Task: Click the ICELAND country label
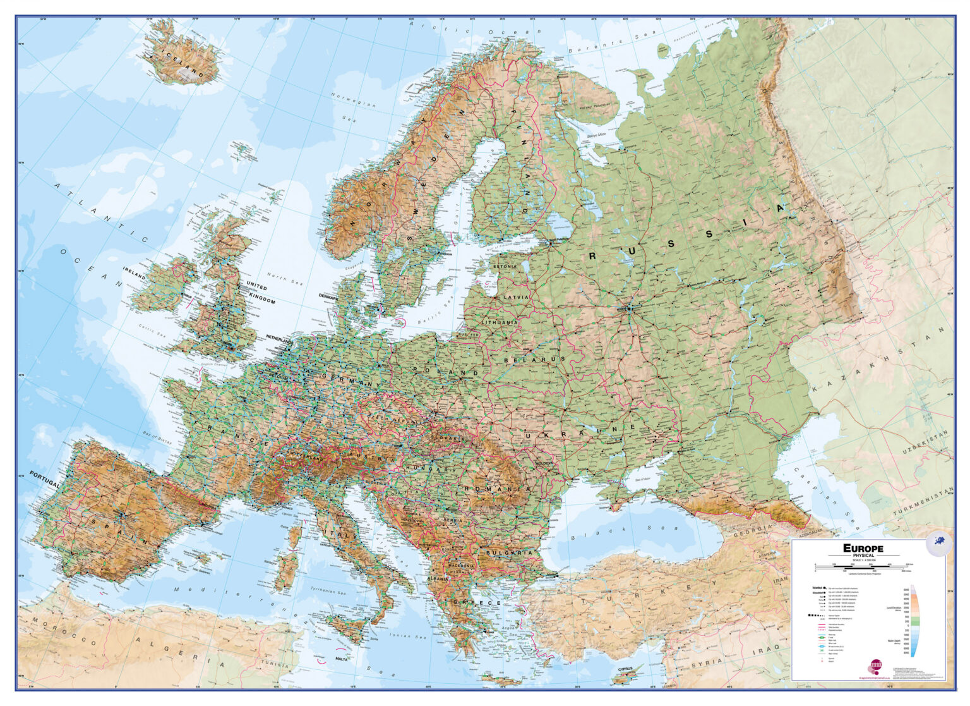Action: point(182,62)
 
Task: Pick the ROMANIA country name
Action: point(496,489)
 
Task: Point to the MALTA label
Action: point(342,659)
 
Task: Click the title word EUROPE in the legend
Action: point(863,548)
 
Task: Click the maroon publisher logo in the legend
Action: point(877,664)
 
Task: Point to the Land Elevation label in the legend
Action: point(896,609)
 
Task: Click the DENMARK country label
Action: point(329,296)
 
